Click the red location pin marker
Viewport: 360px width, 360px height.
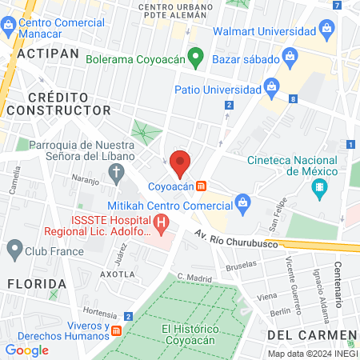181,163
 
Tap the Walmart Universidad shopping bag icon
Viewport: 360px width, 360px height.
327,32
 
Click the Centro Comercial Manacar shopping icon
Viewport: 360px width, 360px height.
7,26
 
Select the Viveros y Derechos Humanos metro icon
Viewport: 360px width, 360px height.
117,330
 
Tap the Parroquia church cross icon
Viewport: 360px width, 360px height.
118,172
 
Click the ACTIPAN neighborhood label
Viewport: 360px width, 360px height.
47,53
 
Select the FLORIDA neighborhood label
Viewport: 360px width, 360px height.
36,284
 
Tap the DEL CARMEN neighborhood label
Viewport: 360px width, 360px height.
311,334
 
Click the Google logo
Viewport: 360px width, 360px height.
26,350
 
